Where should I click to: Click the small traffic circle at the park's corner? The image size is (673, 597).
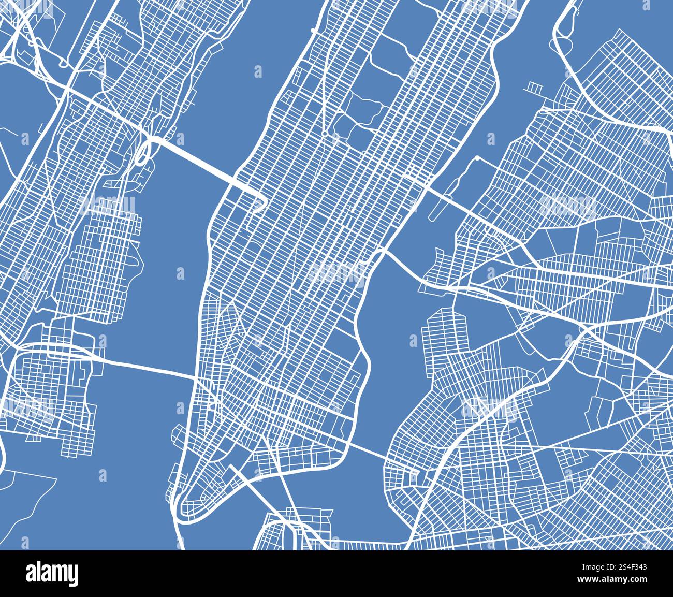pos(324,134)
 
